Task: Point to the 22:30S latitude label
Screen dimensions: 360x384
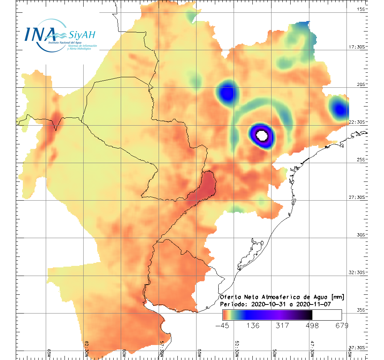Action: tap(358, 122)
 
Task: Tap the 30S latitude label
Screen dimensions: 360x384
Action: tap(361, 235)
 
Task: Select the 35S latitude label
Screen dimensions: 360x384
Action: tap(361, 310)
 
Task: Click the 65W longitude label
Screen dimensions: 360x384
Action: tap(49, 352)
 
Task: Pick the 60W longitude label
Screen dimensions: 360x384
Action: tap(124, 352)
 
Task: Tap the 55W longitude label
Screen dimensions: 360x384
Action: tap(199, 352)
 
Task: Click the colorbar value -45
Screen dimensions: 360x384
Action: tap(223, 325)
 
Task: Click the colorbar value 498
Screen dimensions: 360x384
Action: tap(312, 325)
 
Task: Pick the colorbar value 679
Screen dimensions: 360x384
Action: tap(342, 325)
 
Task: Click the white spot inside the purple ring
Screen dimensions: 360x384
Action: tap(262, 134)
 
